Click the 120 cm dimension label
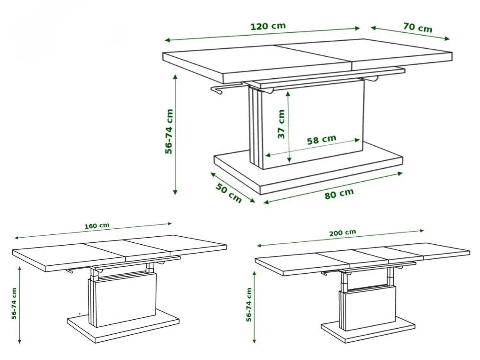click(x=268, y=26)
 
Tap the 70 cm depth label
click(x=418, y=28)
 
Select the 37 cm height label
click(x=281, y=124)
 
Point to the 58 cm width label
click(x=322, y=140)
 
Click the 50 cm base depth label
click(x=229, y=193)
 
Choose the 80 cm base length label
click(x=339, y=194)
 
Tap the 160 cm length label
click(x=97, y=226)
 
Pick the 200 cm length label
click(x=343, y=232)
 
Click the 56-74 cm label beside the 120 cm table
click(x=169, y=132)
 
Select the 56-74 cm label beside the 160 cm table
click(x=14, y=304)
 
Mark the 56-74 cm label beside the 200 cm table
click(x=249, y=305)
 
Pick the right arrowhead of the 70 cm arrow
click(x=447, y=38)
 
